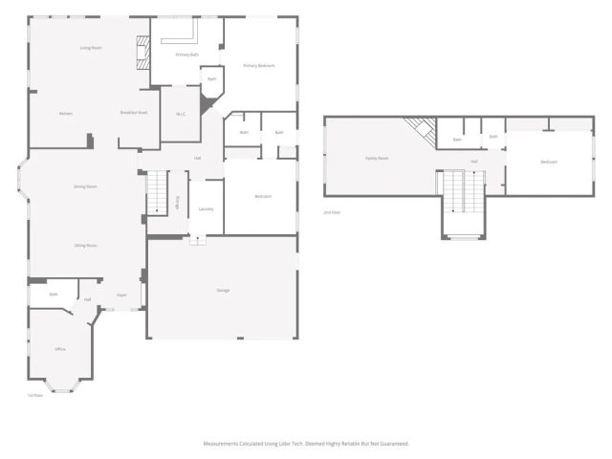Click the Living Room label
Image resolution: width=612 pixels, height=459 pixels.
tap(91, 48)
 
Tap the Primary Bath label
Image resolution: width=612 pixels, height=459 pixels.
tap(187, 55)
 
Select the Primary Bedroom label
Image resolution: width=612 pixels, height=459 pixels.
tap(258, 65)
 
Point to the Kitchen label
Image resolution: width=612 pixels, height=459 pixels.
tap(65, 114)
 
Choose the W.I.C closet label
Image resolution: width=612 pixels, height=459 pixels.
tap(180, 114)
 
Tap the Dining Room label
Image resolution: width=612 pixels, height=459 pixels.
tap(85, 186)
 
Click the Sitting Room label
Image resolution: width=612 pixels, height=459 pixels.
tap(85, 246)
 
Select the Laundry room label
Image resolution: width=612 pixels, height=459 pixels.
tap(206, 208)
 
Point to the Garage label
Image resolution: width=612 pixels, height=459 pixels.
tap(223, 290)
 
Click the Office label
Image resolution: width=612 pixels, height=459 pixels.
tap(60, 349)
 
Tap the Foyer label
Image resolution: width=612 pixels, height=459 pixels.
tap(121, 295)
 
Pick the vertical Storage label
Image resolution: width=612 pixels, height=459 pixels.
tap(177, 201)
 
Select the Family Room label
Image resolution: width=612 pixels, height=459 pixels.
tap(377, 158)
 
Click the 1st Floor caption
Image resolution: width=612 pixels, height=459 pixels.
tap(35, 395)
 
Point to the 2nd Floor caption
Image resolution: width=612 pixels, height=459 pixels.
tap(332, 211)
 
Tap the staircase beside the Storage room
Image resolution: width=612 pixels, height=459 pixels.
tap(156, 191)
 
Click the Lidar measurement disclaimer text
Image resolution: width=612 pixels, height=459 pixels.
tap(306, 444)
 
